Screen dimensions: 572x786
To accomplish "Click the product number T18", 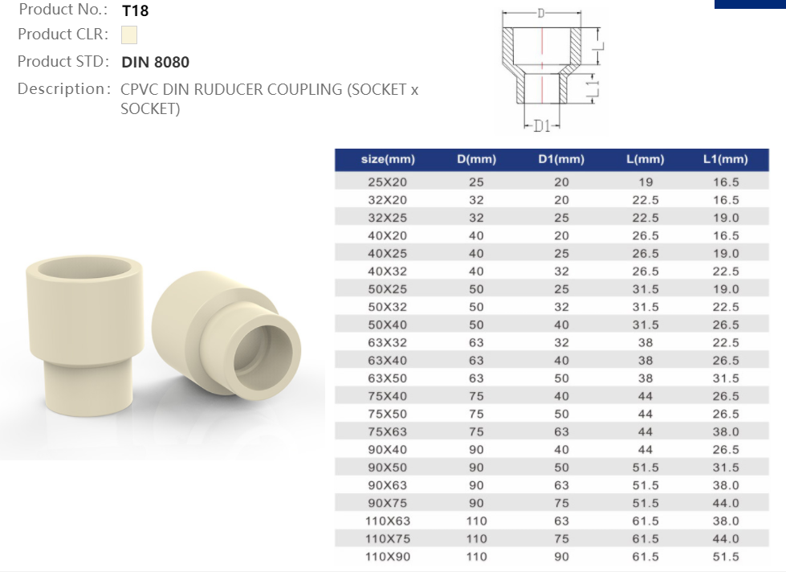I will pyautogui.click(x=135, y=11).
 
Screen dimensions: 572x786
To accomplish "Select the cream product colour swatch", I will pyautogui.click(x=128, y=35).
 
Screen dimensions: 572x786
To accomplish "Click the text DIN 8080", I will pyautogui.click(x=155, y=62).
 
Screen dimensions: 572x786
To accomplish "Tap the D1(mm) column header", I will pyautogui.click(x=561, y=159).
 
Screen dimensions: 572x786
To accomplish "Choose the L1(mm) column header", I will pyautogui.click(x=725, y=159).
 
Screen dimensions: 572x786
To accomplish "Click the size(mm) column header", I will pyautogui.click(x=388, y=159).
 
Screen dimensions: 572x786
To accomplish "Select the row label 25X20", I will pyautogui.click(x=388, y=182).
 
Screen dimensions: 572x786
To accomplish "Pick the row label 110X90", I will pyautogui.click(x=388, y=557).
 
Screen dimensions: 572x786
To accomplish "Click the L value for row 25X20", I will pyautogui.click(x=645, y=182).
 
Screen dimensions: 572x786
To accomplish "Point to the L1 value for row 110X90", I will pyautogui.click(x=726, y=557).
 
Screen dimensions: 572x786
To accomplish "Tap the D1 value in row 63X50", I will pyautogui.click(x=561, y=378).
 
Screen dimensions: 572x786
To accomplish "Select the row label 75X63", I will pyautogui.click(x=388, y=431).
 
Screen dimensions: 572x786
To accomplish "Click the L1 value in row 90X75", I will pyautogui.click(x=726, y=503).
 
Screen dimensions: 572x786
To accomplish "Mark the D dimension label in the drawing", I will pyautogui.click(x=541, y=13).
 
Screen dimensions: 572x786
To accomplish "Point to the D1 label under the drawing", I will pyautogui.click(x=541, y=126).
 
